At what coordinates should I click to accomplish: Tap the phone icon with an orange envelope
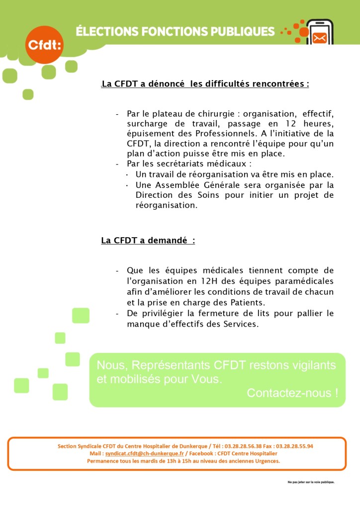coord(320,32)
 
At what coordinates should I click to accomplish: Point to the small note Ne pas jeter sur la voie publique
coord(311,482)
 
